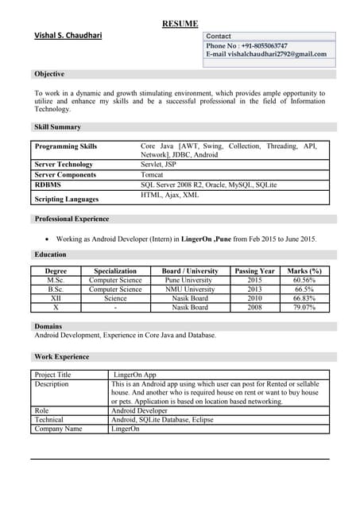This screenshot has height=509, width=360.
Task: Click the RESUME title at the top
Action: click(180, 24)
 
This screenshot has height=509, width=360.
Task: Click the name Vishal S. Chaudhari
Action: click(68, 36)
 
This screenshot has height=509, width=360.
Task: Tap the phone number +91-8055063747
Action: click(258, 46)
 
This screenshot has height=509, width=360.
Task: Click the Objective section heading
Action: click(49, 74)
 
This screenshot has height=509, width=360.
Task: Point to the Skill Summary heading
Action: click(57, 127)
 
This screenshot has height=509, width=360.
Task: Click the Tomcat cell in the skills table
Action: click(152, 174)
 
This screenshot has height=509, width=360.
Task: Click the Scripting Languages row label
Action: click(67, 199)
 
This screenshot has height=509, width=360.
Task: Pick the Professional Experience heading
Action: click(72, 219)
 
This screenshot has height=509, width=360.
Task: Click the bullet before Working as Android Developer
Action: click(48, 239)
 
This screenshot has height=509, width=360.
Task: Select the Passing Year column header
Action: click(254, 271)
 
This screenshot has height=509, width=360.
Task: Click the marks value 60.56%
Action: click(304, 281)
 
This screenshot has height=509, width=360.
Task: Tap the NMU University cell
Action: click(189, 289)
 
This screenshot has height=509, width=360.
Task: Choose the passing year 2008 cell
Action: click(254, 307)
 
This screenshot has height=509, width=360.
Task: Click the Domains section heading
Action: click(48, 326)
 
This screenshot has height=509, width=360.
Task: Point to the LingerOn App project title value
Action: click(135, 375)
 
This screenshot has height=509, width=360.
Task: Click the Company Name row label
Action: click(58, 429)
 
